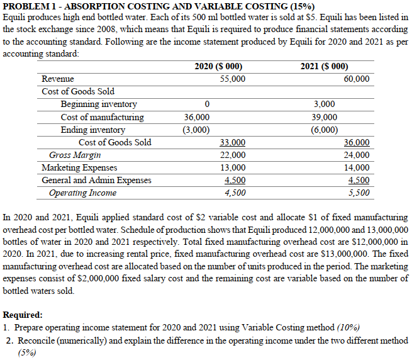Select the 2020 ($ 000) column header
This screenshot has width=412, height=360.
[218, 67]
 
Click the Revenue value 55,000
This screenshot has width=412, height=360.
[233, 79]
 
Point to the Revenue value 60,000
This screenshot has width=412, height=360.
[357, 79]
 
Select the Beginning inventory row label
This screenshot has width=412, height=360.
[99, 104]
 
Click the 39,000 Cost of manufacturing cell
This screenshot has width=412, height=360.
[324, 117]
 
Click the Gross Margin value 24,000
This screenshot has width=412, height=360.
[357, 155]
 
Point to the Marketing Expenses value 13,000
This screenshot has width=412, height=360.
[233, 167]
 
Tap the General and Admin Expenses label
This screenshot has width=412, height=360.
[96, 180]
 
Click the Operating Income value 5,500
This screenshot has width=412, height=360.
[359, 193]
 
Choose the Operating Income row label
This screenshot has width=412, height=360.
[82, 193]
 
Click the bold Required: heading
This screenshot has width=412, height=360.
[23, 315]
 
